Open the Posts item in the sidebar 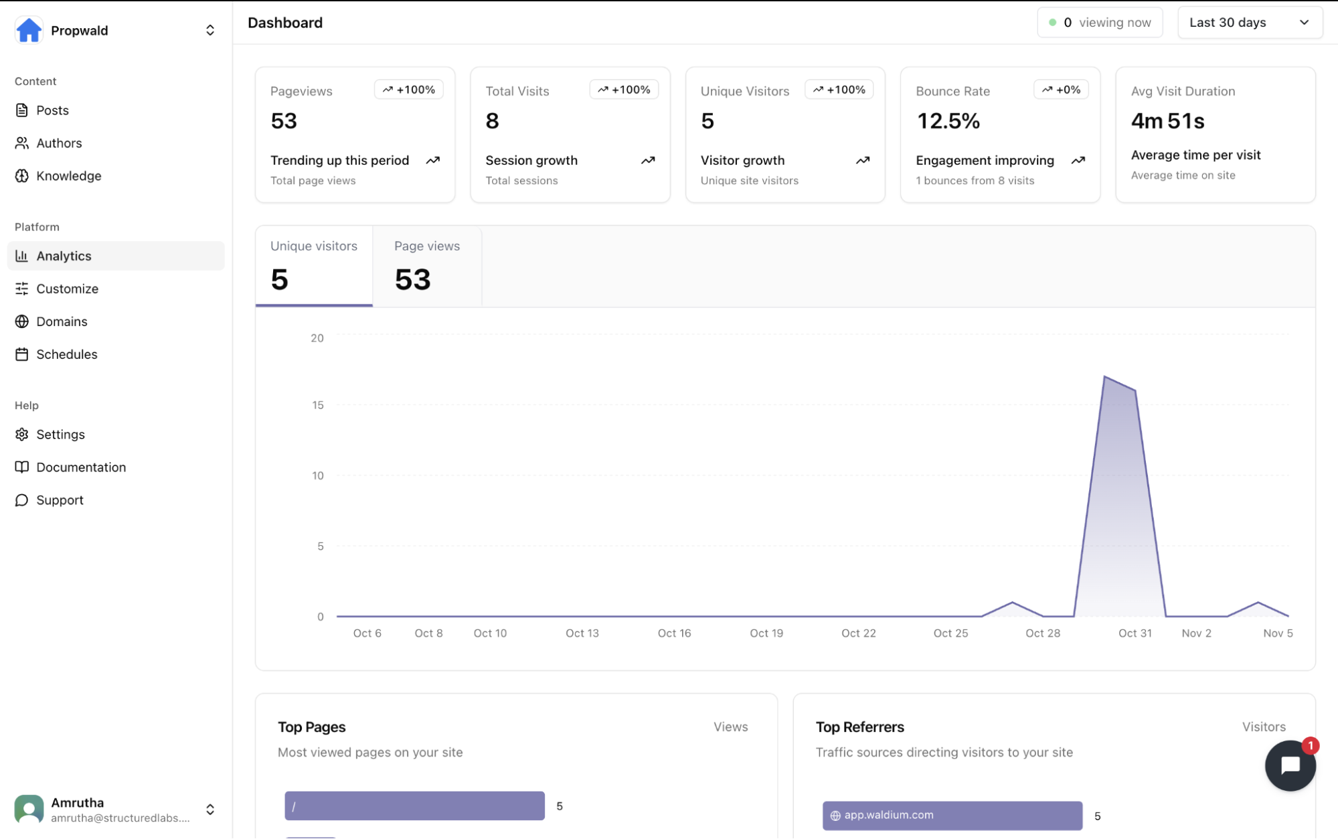tap(52, 110)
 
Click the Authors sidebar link tap(59, 143)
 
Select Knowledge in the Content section tap(68, 176)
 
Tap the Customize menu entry tap(67, 289)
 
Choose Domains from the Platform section tap(62, 321)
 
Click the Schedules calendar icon tap(22, 354)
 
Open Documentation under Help tap(81, 467)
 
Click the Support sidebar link tap(60, 500)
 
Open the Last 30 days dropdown tap(1249, 23)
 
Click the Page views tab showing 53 tap(427, 266)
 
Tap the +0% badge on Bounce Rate tap(1061, 90)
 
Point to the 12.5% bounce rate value tap(948, 121)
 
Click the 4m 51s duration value tap(1167, 121)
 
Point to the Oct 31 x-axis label tap(1135, 633)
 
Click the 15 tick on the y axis tap(318, 405)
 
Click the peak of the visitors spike tap(1104, 377)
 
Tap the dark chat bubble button tap(1289, 766)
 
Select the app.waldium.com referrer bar tap(952, 816)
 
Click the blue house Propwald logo tap(29, 31)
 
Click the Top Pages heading tap(312, 727)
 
